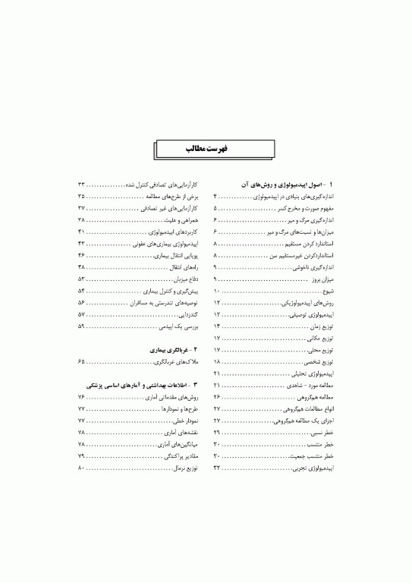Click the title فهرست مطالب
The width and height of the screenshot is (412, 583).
click(206, 150)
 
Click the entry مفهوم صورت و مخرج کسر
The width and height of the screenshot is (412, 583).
click(307, 207)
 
